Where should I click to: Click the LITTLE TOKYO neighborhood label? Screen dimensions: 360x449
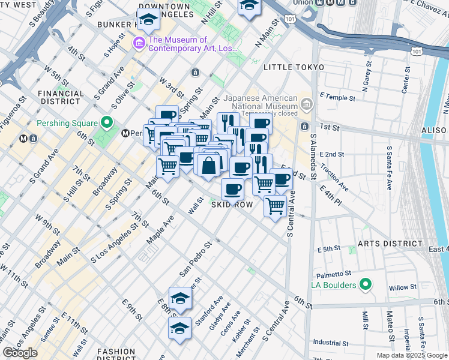coord(292,67)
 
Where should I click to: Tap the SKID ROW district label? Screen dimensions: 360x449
coord(232,205)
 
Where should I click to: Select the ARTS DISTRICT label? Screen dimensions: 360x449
coord(390,244)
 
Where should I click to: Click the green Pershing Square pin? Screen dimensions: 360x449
coord(107,123)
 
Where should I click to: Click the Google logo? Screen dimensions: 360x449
coord(20,353)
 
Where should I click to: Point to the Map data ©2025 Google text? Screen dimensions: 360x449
coord(412,355)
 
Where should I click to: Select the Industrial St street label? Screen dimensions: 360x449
coord(331,343)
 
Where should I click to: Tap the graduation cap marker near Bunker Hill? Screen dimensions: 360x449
coord(148,20)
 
